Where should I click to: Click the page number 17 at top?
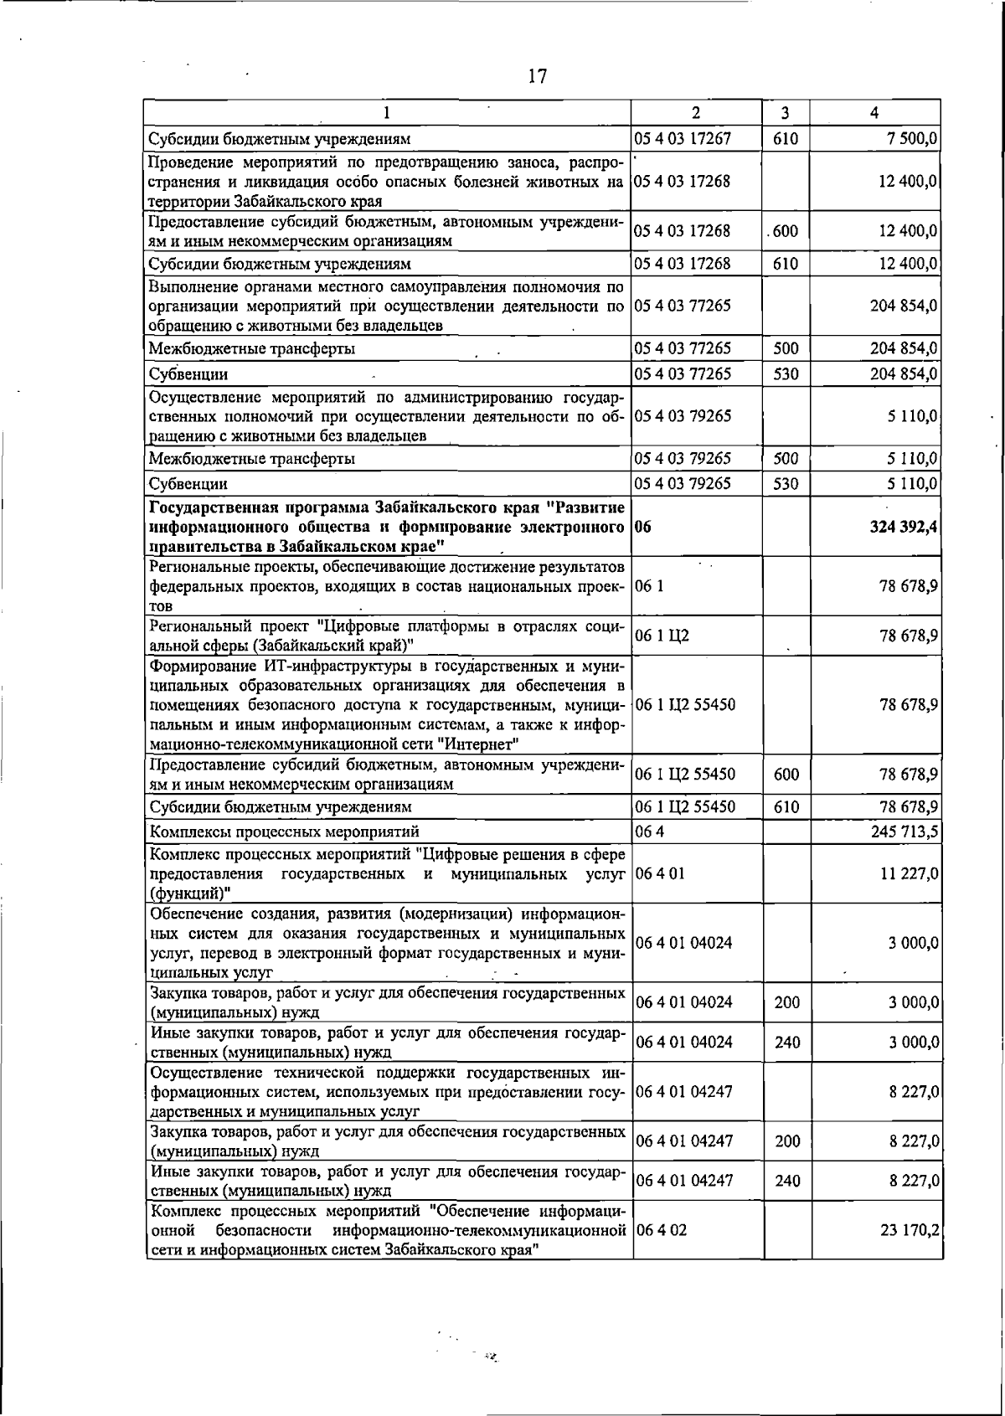point(537,77)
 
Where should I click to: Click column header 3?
point(786,113)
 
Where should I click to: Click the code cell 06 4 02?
point(661,1231)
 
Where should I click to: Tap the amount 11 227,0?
point(909,873)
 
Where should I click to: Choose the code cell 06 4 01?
point(660,873)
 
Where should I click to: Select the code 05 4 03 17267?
point(683,138)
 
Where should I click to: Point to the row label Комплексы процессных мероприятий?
point(284,832)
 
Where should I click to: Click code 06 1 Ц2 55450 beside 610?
point(685,806)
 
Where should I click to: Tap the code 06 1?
point(649,585)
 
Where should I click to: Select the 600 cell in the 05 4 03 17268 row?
point(785,231)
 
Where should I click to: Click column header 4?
point(874,113)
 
